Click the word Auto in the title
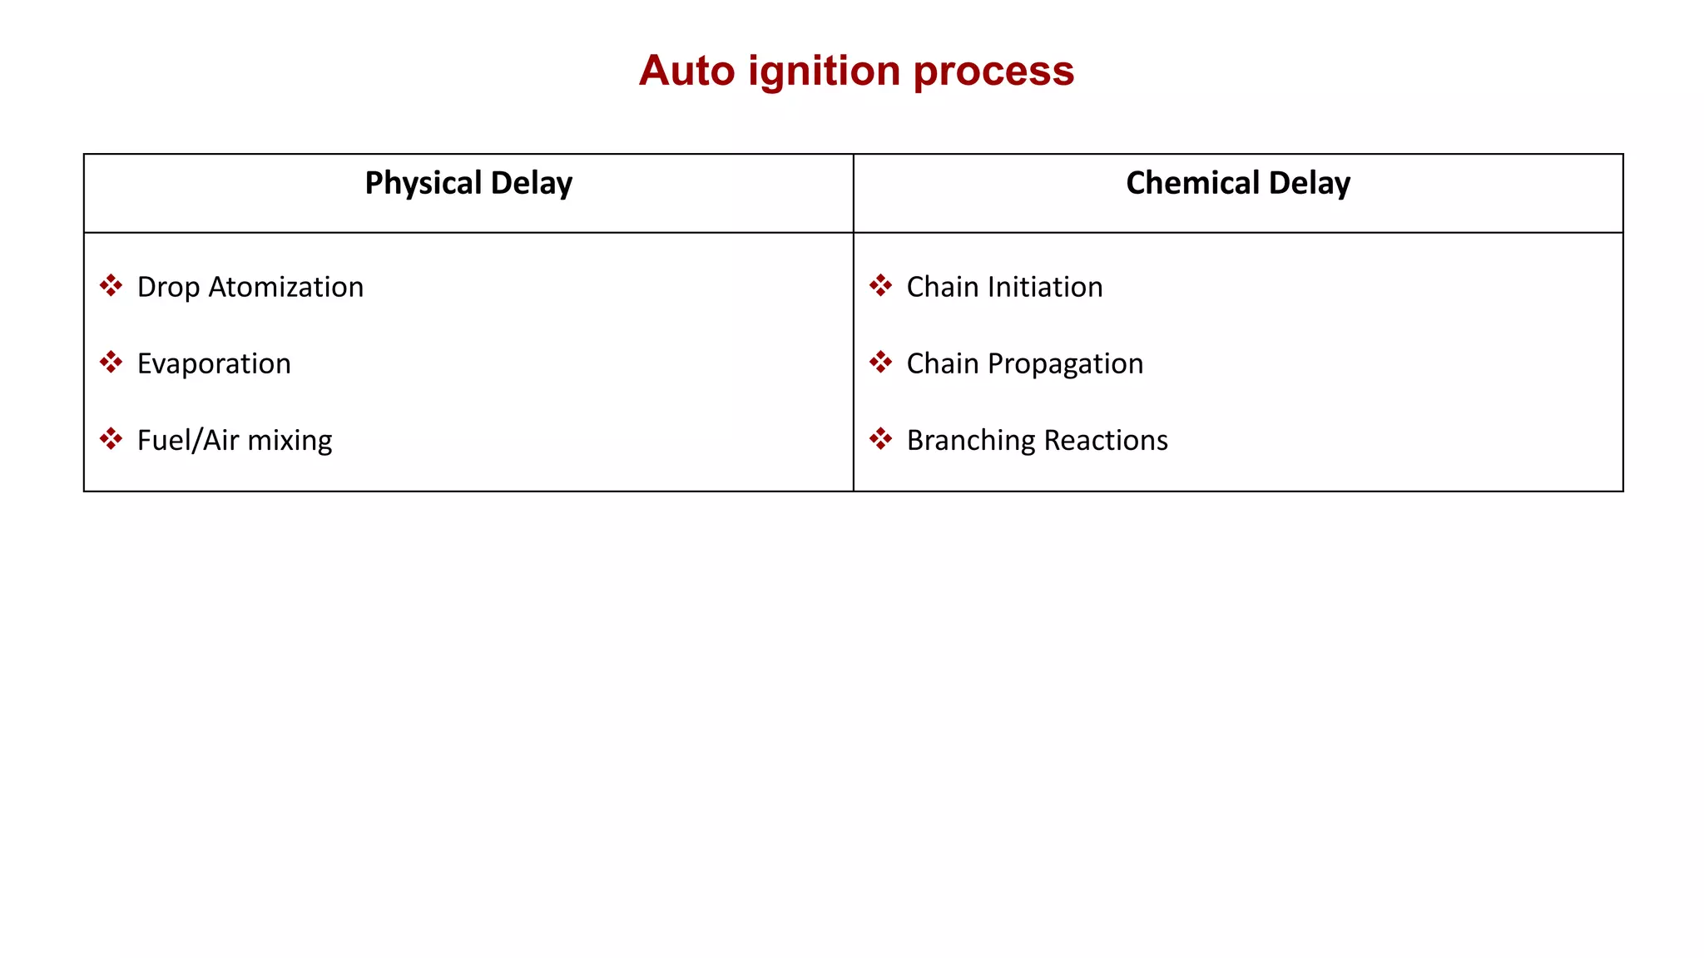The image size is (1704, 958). click(687, 71)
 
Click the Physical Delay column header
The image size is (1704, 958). click(468, 183)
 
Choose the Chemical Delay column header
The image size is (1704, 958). click(1237, 183)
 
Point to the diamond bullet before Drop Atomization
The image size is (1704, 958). click(111, 286)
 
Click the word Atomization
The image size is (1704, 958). click(286, 287)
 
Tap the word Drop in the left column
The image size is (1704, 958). click(168, 288)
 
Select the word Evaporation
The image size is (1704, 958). click(214, 364)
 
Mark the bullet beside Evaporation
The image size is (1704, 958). click(111, 363)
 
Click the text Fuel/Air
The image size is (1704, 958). click(188, 440)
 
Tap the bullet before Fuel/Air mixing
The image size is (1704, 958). click(111, 439)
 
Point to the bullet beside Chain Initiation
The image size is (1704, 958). click(880, 286)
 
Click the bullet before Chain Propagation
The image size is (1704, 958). click(880, 363)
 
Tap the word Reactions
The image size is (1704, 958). click(1106, 440)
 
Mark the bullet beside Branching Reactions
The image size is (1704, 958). click(880, 439)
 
